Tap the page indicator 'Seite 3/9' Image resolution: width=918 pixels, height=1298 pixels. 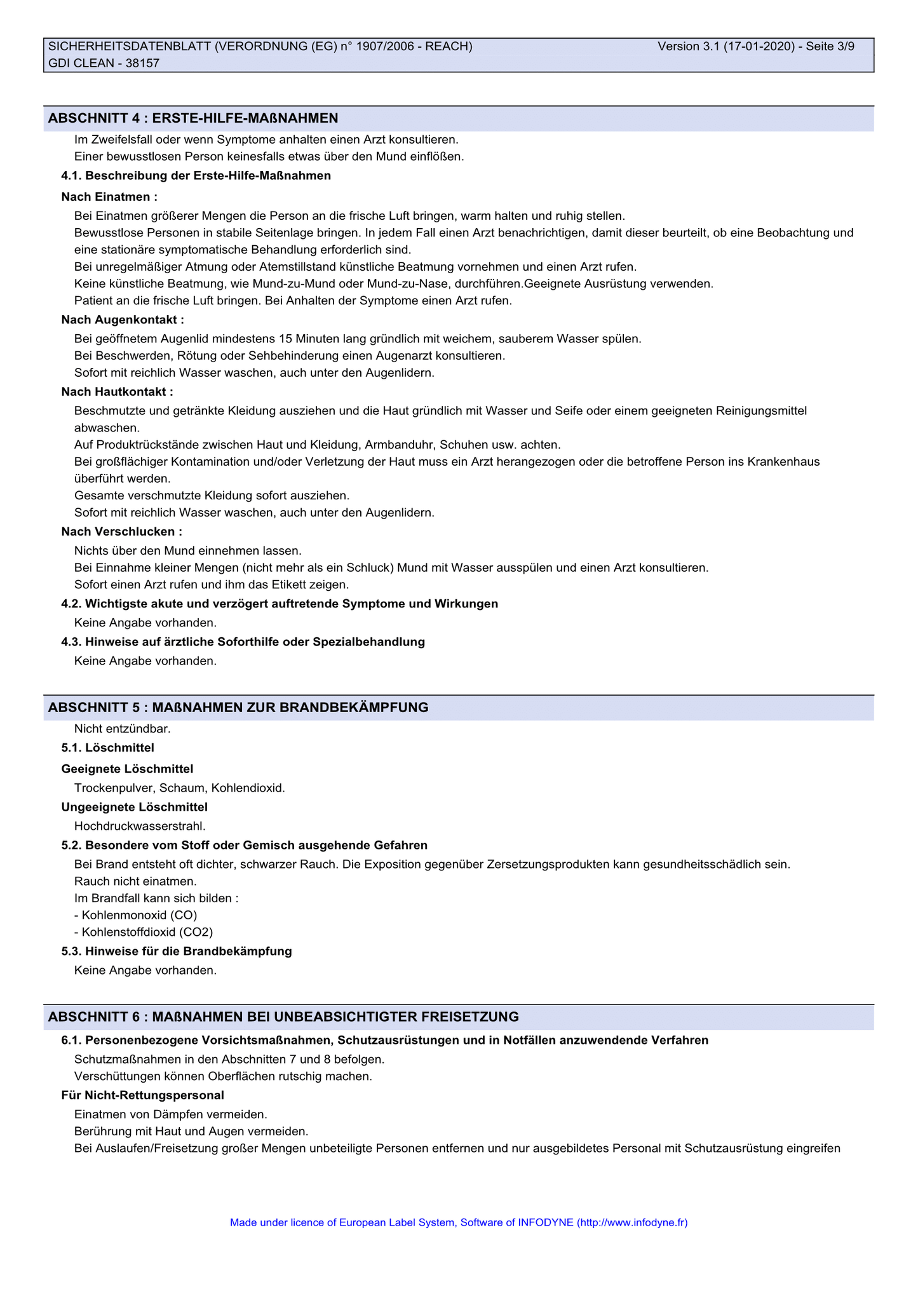[x=830, y=46]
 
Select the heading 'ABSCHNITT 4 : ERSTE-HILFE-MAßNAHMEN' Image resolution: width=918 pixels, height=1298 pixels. [x=193, y=118]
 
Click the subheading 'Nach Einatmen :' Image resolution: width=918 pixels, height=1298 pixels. [x=109, y=197]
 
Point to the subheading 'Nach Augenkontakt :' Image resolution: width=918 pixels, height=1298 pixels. [x=123, y=320]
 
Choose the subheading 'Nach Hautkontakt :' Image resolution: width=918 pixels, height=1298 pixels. [x=117, y=392]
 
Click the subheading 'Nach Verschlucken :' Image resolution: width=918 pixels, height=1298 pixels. [x=121, y=531]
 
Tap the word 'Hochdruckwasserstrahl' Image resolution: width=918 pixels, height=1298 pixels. [x=139, y=826]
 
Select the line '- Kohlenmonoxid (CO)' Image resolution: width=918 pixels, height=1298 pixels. [x=136, y=915]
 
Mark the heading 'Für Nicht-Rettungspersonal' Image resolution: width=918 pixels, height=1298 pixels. [x=142, y=1095]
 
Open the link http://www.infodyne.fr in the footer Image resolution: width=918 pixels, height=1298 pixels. [x=632, y=1222]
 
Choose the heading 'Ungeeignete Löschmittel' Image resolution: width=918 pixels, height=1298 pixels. [x=134, y=807]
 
